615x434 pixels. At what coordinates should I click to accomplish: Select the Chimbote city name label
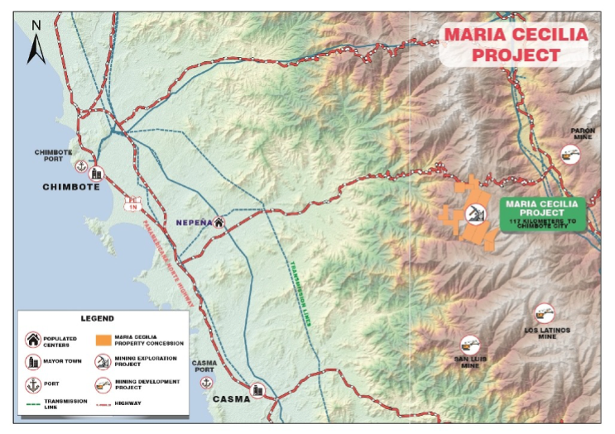71,187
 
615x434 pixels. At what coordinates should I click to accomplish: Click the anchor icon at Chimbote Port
81,167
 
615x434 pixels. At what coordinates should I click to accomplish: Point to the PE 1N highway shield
131,204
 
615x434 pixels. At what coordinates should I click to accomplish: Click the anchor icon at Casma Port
206,383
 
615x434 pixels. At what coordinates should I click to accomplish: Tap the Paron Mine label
583,135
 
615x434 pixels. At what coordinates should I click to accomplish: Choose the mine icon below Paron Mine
569,153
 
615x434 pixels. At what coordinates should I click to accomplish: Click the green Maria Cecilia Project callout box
542,213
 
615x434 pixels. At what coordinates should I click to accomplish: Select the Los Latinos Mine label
547,333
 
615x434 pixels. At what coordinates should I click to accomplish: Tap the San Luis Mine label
469,362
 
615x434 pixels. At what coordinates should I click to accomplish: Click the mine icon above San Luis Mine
469,343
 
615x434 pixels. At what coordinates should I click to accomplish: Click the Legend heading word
98,317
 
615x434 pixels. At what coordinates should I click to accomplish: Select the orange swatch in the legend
103,339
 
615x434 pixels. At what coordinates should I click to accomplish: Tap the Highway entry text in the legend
129,403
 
